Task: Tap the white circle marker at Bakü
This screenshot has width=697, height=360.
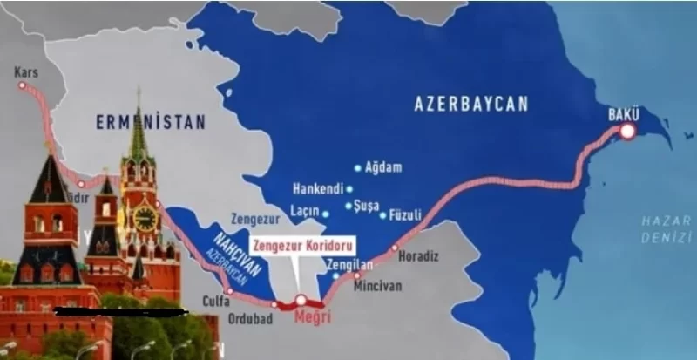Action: click(627, 132)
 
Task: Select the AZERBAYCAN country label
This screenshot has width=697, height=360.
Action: click(470, 104)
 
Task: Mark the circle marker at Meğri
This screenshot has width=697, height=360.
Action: click(301, 300)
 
